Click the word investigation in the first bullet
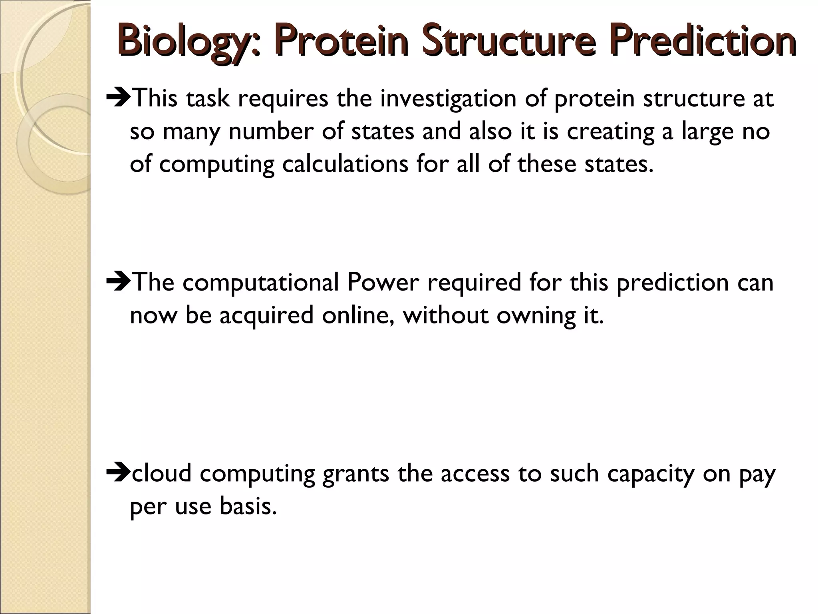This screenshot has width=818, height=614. pos(448,99)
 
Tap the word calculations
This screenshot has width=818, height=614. pos(345,164)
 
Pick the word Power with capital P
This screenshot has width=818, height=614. pos(383,282)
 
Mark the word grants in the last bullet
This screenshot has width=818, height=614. pos(355,474)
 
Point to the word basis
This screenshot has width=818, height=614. pos(248,506)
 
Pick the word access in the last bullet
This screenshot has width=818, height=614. pos(475,474)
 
